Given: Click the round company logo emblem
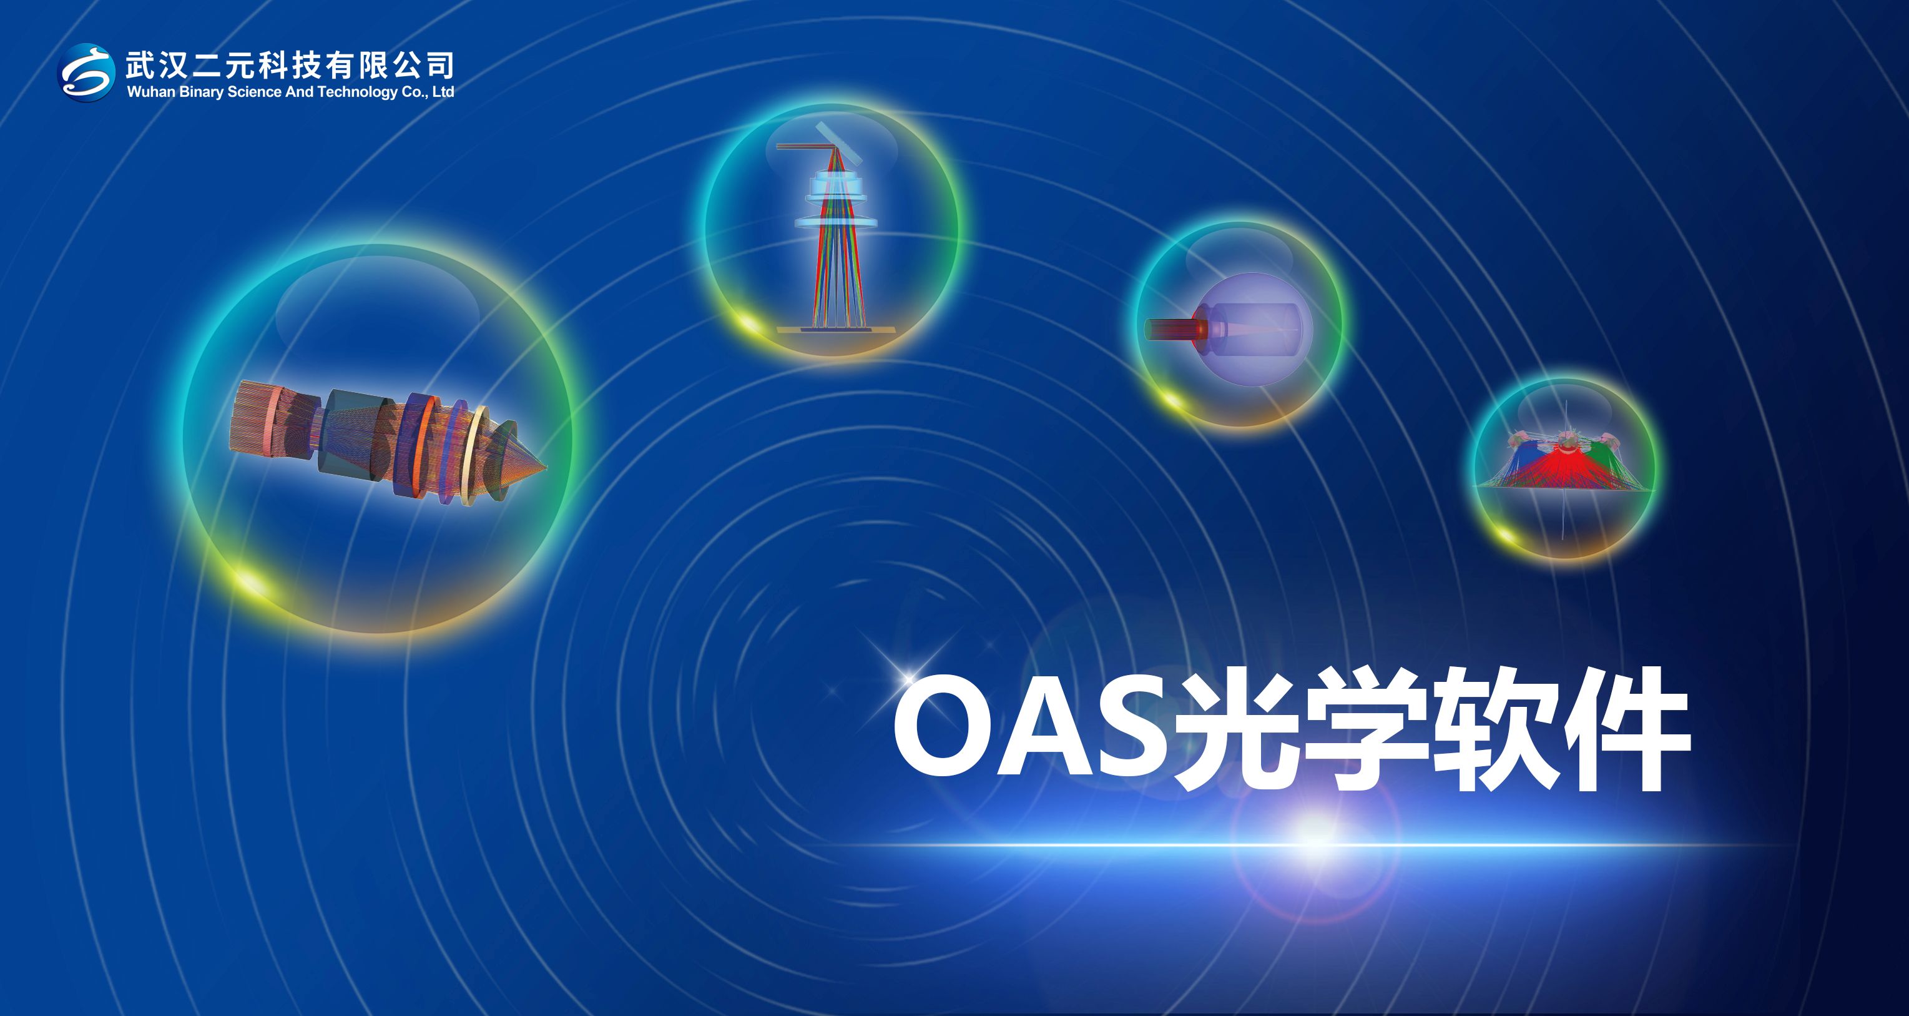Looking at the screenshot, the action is coord(87,72).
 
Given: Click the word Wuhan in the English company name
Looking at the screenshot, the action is coord(151,92).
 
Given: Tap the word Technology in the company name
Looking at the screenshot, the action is coord(358,92).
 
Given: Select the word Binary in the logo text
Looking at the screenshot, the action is coord(202,92).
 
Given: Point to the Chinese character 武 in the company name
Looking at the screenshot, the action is coord(141,65).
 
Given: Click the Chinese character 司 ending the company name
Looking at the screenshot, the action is coord(439,65).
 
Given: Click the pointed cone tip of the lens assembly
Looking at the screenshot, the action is coord(546,467).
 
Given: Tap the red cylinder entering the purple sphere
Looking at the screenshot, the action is coord(1175,329).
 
